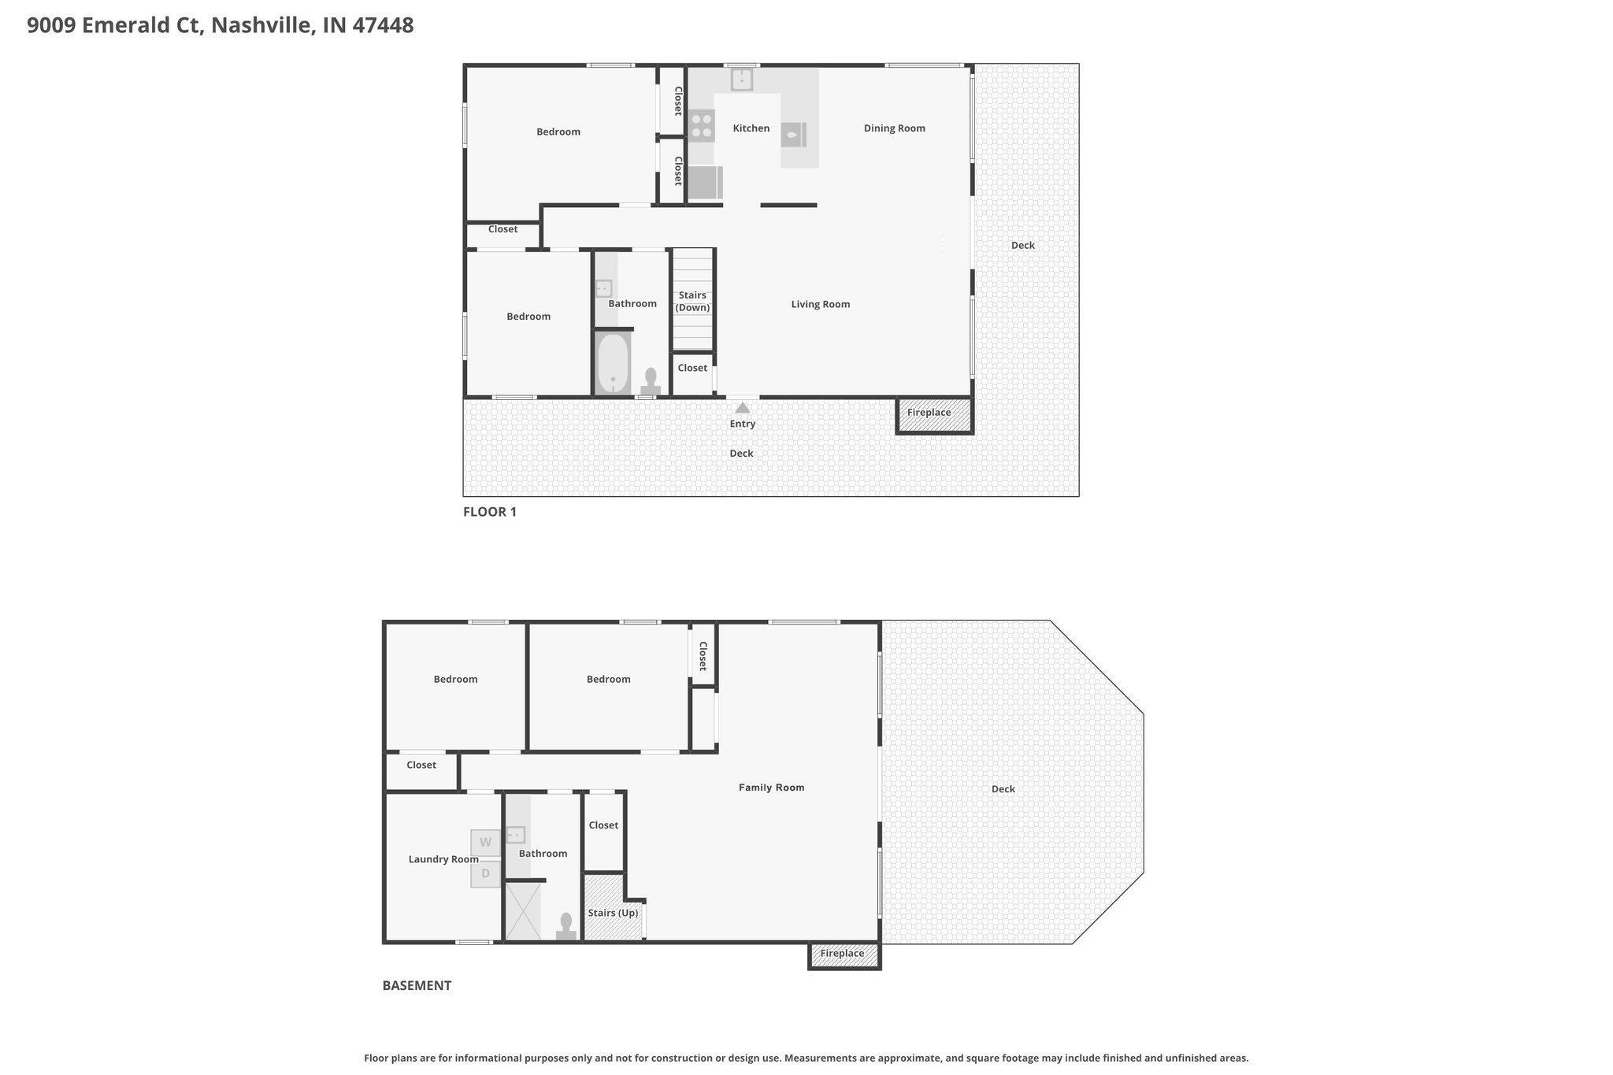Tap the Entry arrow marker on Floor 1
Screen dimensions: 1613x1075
click(743, 407)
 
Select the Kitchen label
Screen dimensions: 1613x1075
click(751, 128)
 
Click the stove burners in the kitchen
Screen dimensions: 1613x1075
click(702, 125)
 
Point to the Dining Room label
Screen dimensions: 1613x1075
click(895, 128)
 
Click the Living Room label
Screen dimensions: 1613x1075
click(821, 304)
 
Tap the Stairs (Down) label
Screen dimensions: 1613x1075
click(692, 301)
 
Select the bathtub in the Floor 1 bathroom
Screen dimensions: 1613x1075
click(613, 364)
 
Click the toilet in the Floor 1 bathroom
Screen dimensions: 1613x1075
click(651, 382)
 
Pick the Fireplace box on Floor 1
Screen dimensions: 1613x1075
click(935, 416)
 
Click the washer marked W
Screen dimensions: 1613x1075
click(485, 843)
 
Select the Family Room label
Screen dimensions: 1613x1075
click(772, 788)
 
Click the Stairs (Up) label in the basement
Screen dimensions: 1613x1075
click(613, 913)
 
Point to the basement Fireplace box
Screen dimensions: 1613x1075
click(844, 955)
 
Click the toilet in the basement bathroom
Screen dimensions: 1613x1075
click(565, 927)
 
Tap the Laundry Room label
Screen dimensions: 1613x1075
click(443, 859)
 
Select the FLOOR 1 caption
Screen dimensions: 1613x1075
click(490, 512)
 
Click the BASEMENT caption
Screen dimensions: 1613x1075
click(417, 985)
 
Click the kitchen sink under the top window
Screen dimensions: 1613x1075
click(742, 80)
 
